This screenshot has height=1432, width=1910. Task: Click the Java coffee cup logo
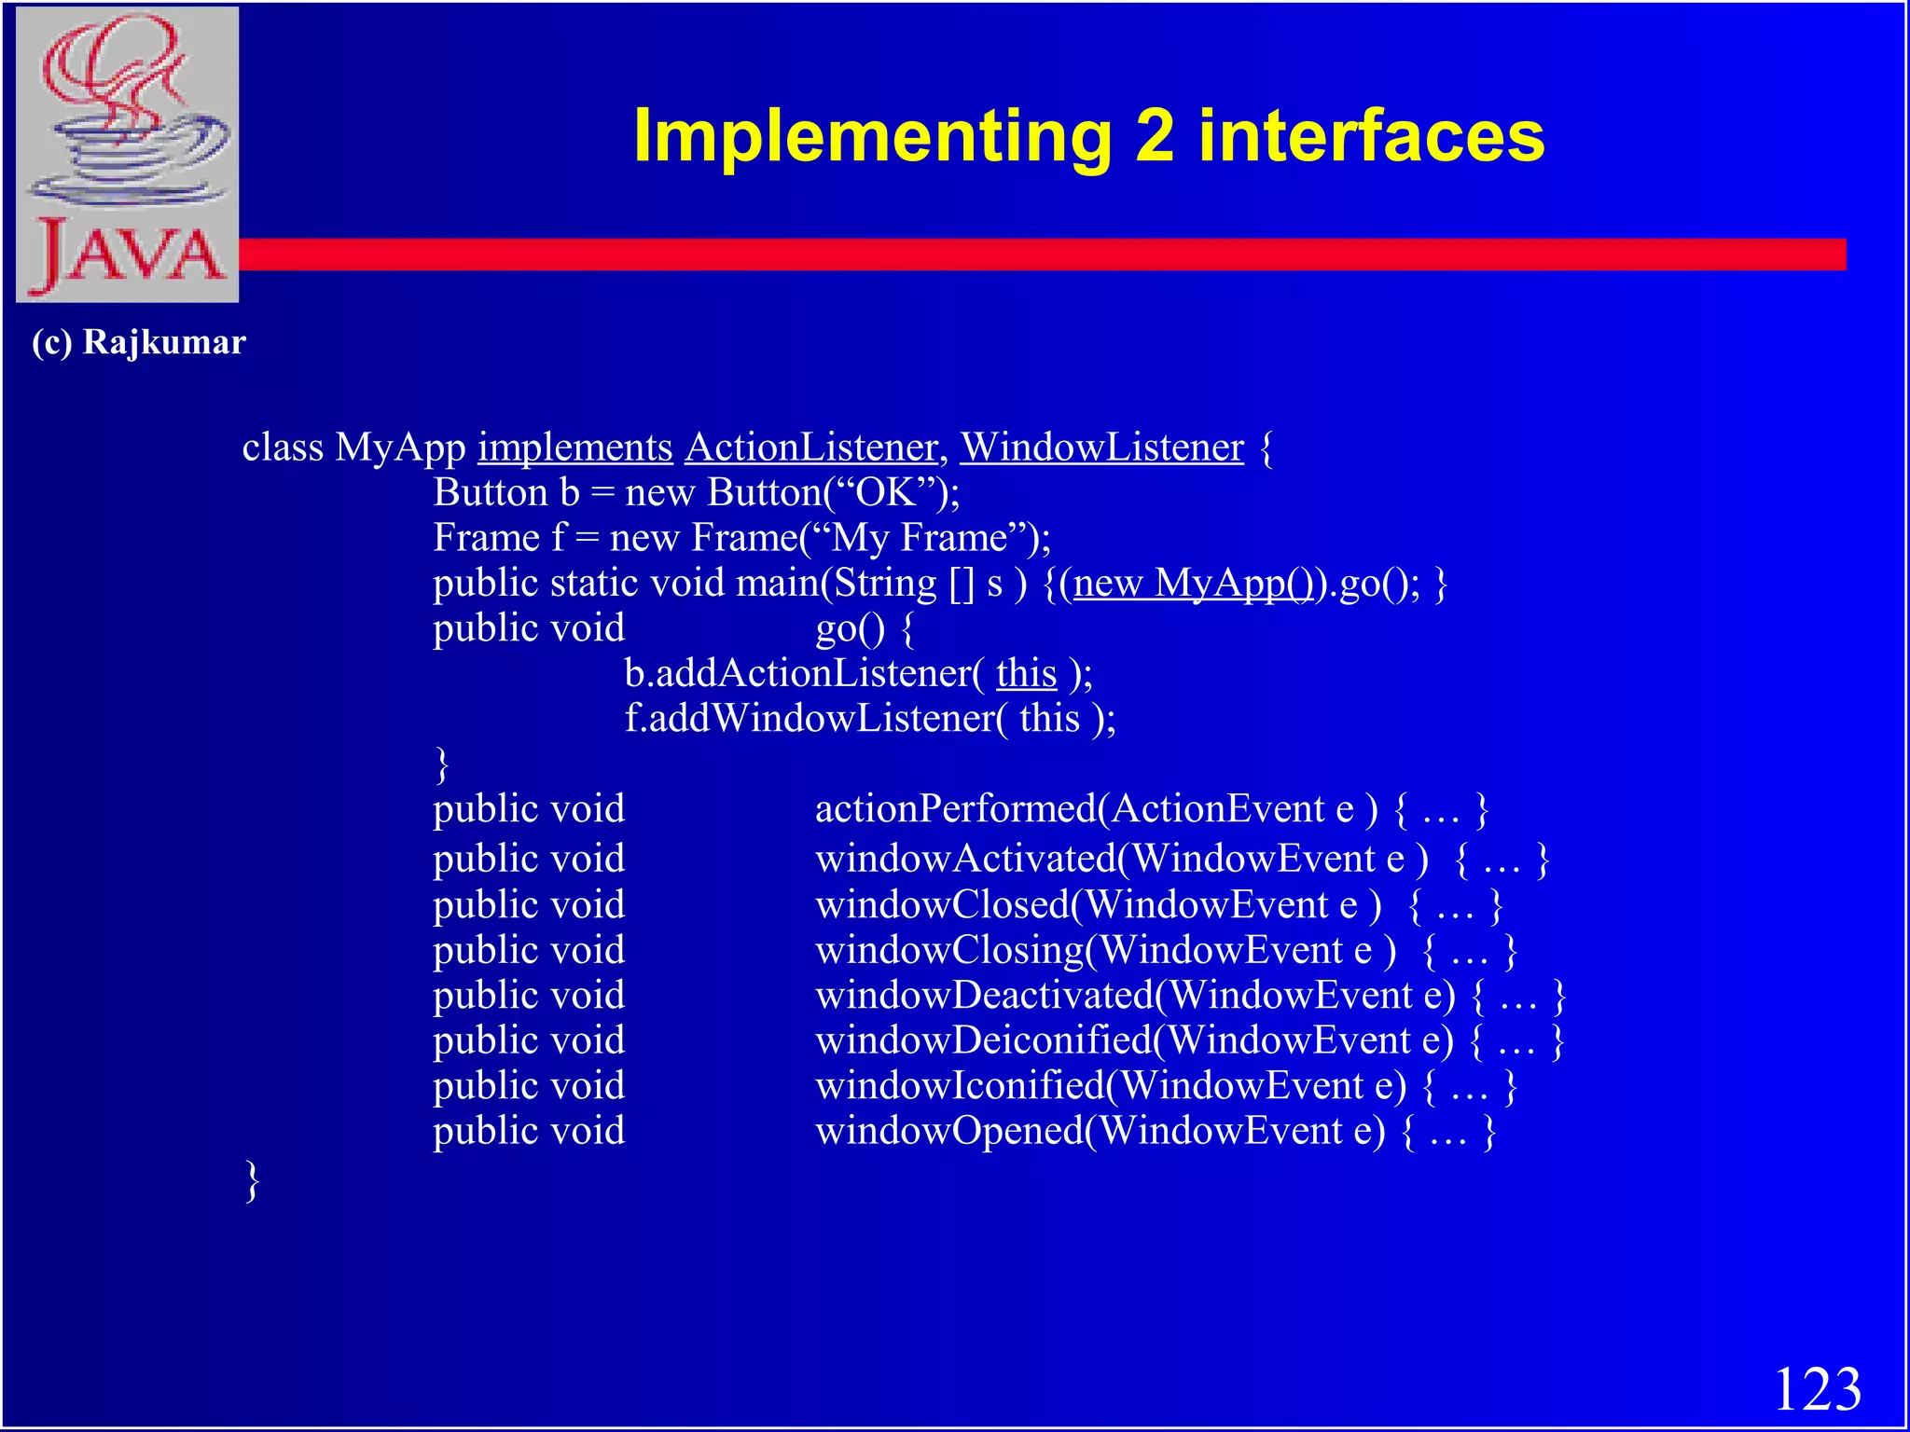point(127,154)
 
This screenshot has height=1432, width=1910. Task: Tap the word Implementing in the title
point(871,137)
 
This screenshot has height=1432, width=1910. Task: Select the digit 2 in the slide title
point(1155,136)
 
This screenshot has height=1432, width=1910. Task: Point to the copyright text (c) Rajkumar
point(138,342)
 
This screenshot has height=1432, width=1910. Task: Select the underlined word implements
point(574,447)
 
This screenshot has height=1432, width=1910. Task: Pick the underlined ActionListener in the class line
point(811,447)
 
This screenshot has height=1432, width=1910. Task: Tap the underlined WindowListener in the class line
point(1101,447)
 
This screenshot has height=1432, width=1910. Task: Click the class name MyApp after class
point(400,447)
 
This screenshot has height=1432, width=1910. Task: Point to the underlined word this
point(1026,673)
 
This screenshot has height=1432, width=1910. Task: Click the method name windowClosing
point(949,950)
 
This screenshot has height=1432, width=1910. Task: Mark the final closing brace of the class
point(252,1181)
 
